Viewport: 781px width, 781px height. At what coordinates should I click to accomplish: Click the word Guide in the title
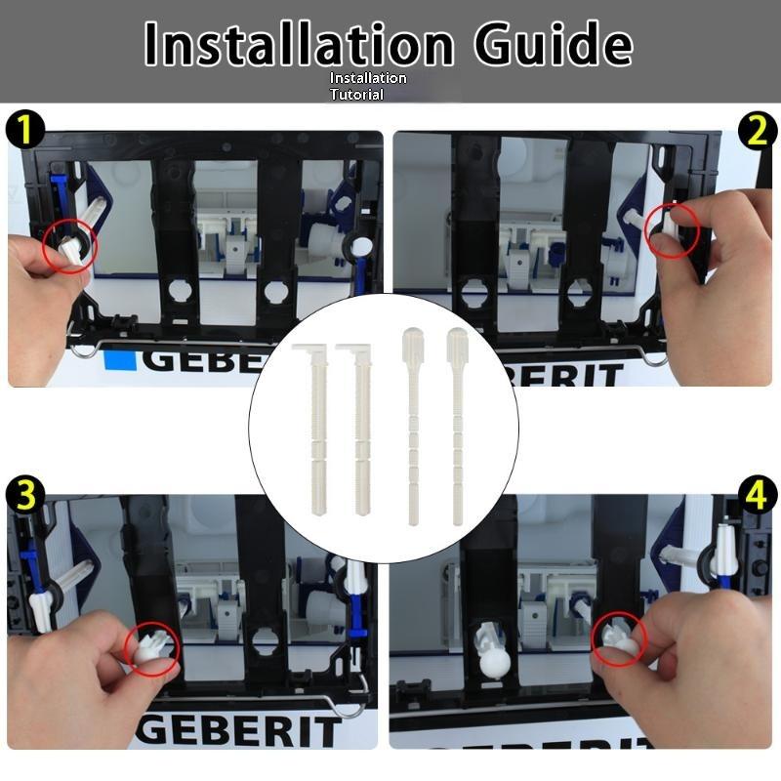(554, 44)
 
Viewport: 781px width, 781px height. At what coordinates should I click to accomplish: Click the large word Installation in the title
(299, 44)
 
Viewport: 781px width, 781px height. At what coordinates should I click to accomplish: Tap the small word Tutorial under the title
(356, 94)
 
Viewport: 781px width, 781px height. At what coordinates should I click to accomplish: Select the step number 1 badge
(25, 130)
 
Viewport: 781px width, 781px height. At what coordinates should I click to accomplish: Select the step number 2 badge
(757, 131)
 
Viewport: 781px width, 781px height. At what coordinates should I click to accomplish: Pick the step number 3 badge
(25, 495)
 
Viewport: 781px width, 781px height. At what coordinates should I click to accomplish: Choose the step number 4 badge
(757, 495)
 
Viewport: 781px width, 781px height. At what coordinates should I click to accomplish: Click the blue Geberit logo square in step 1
(120, 361)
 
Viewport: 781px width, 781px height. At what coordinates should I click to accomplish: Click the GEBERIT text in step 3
(239, 731)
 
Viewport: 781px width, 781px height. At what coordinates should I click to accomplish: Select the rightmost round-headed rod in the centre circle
(457, 426)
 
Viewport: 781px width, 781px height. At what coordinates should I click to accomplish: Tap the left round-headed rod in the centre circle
(413, 426)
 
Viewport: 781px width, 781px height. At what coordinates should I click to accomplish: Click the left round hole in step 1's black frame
(181, 291)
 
